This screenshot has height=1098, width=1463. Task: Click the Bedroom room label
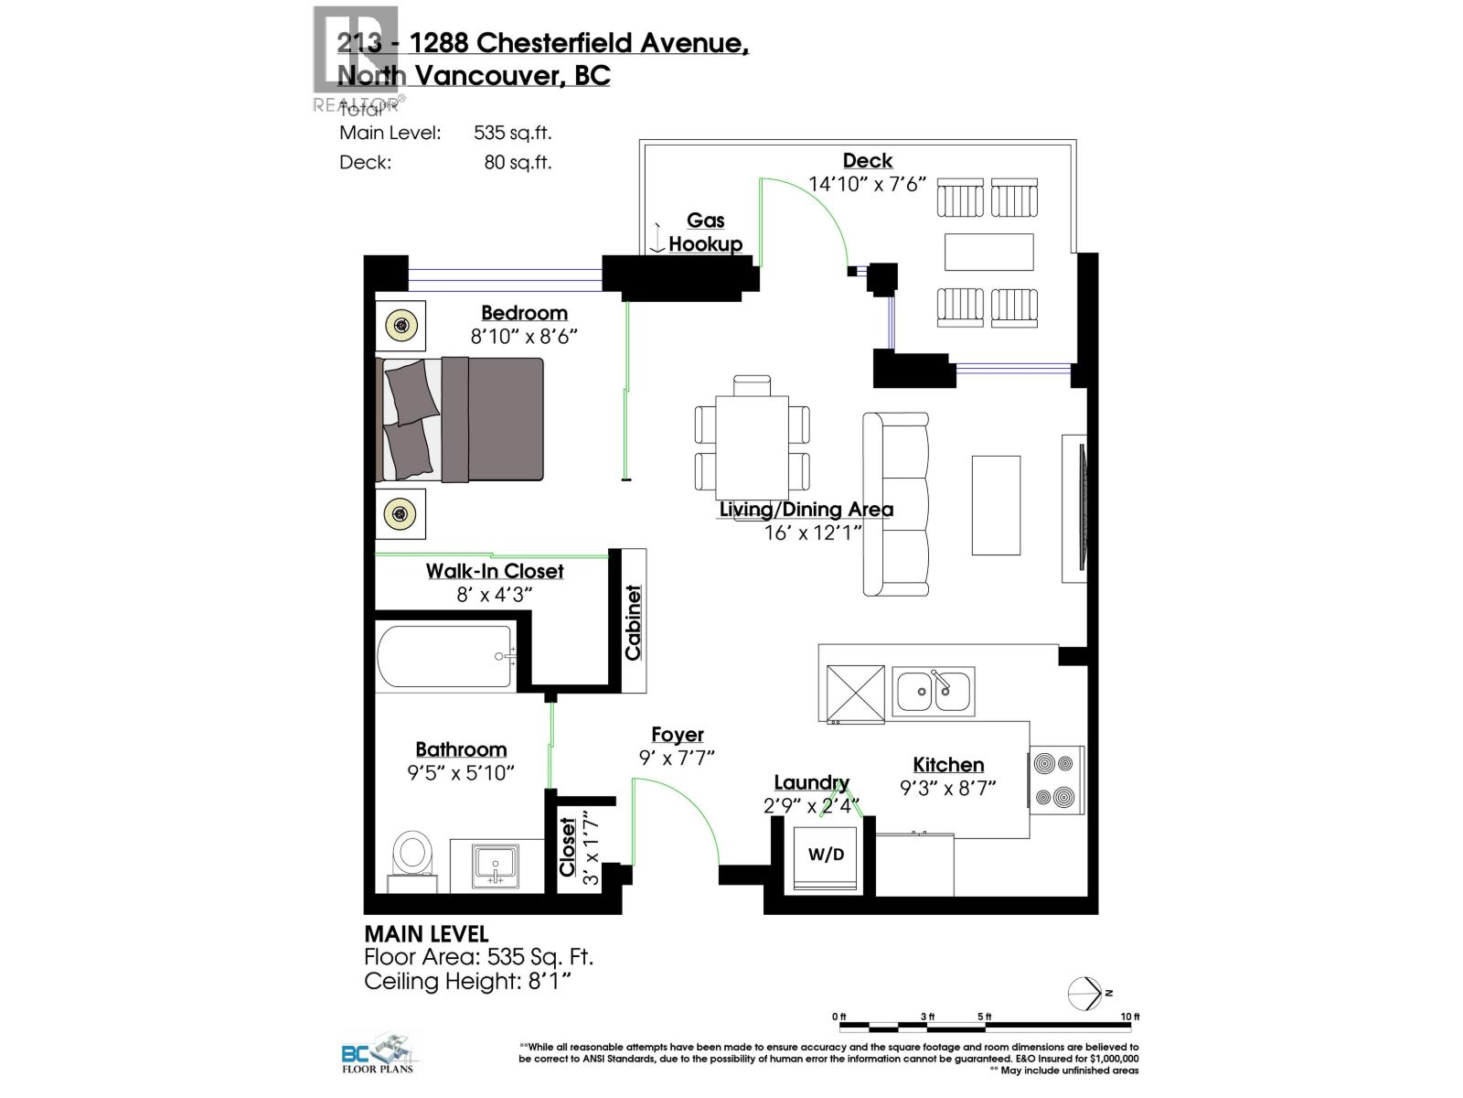pos(524,313)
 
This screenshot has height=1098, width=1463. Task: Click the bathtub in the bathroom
pos(444,656)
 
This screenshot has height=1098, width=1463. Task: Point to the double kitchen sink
pos(933,692)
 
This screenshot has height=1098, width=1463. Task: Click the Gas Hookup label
pos(705,232)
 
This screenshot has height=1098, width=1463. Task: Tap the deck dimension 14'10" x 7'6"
pos(867,184)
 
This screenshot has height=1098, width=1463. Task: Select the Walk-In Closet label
pos(495,571)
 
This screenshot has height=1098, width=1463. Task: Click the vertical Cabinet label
pos(633,622)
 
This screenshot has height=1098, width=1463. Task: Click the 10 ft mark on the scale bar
pos(1131,1017)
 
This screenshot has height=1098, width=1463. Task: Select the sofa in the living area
pos(896,504)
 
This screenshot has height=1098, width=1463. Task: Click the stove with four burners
pos(1056,780)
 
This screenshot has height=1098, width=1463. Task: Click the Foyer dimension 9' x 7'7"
pos(677,758)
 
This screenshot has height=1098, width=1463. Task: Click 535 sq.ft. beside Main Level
pos(512,133)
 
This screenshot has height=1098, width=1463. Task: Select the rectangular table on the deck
pos(988,252)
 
